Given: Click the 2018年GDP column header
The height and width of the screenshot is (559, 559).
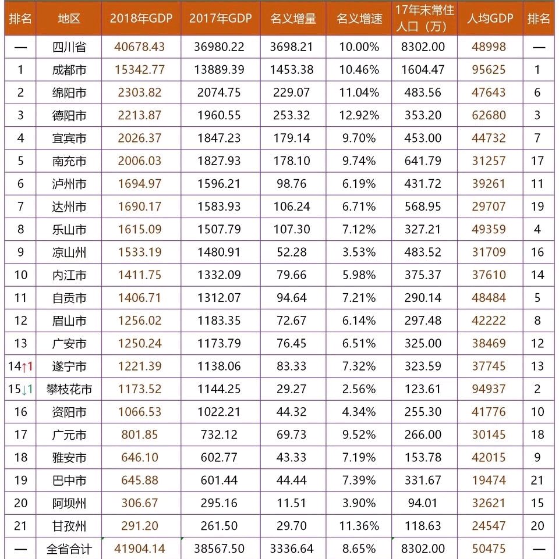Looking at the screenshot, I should [x=141, y=19].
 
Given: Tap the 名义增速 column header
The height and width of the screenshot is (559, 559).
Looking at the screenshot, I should [x=359, y=19].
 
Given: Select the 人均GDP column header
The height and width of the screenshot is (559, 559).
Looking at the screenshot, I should [x=490, y=19].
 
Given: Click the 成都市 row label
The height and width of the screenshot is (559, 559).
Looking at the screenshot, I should [x=69, y=70].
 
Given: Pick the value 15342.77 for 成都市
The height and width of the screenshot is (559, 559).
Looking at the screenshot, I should [x=141, y=70].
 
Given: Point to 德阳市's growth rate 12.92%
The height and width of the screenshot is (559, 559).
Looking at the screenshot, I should [x=359, y=115].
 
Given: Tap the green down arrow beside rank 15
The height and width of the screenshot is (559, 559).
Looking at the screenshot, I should [x=24, y=389].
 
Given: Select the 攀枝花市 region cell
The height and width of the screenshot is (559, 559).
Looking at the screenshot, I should [x=69, y=389].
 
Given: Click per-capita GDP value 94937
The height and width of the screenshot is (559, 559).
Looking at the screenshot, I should [x=489, y=389].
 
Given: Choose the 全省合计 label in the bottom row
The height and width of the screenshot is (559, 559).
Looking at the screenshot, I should [x=69, y=549].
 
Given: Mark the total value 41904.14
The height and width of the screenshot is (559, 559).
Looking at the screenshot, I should [x=141, y=549].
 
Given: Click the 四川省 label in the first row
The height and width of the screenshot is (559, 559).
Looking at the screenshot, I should [x=69, y=47].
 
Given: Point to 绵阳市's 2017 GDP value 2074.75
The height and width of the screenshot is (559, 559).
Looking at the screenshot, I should [x=220, y=92].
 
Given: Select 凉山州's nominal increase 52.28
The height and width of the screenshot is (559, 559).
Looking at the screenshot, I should [x=293, y=252].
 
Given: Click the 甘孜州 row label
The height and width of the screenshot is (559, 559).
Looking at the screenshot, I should [x=69, y=526].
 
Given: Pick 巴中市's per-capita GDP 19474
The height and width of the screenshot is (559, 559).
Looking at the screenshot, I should [x=489, y=480].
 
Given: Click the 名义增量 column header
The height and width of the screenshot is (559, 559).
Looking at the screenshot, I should [x=293, y=19].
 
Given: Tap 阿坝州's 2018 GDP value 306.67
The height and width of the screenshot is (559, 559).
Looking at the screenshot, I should [x=141, y=503].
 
